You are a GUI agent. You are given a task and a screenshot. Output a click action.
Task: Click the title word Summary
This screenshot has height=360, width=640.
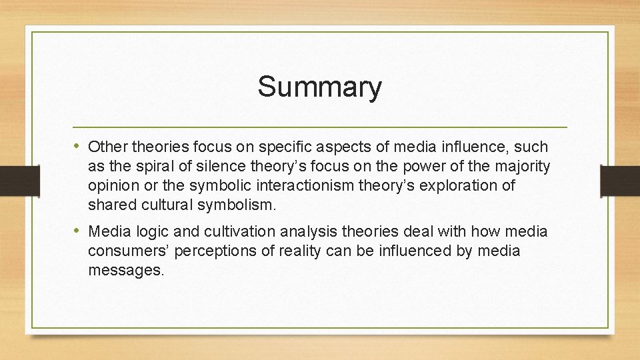(320, 87)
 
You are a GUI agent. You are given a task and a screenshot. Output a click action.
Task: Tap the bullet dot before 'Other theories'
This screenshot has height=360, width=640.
(79, 146)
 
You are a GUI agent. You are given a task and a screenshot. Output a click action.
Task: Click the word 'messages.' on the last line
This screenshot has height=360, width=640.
(125, 271)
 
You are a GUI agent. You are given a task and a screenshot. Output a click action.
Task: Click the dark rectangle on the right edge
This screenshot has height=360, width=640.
(620, 180)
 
